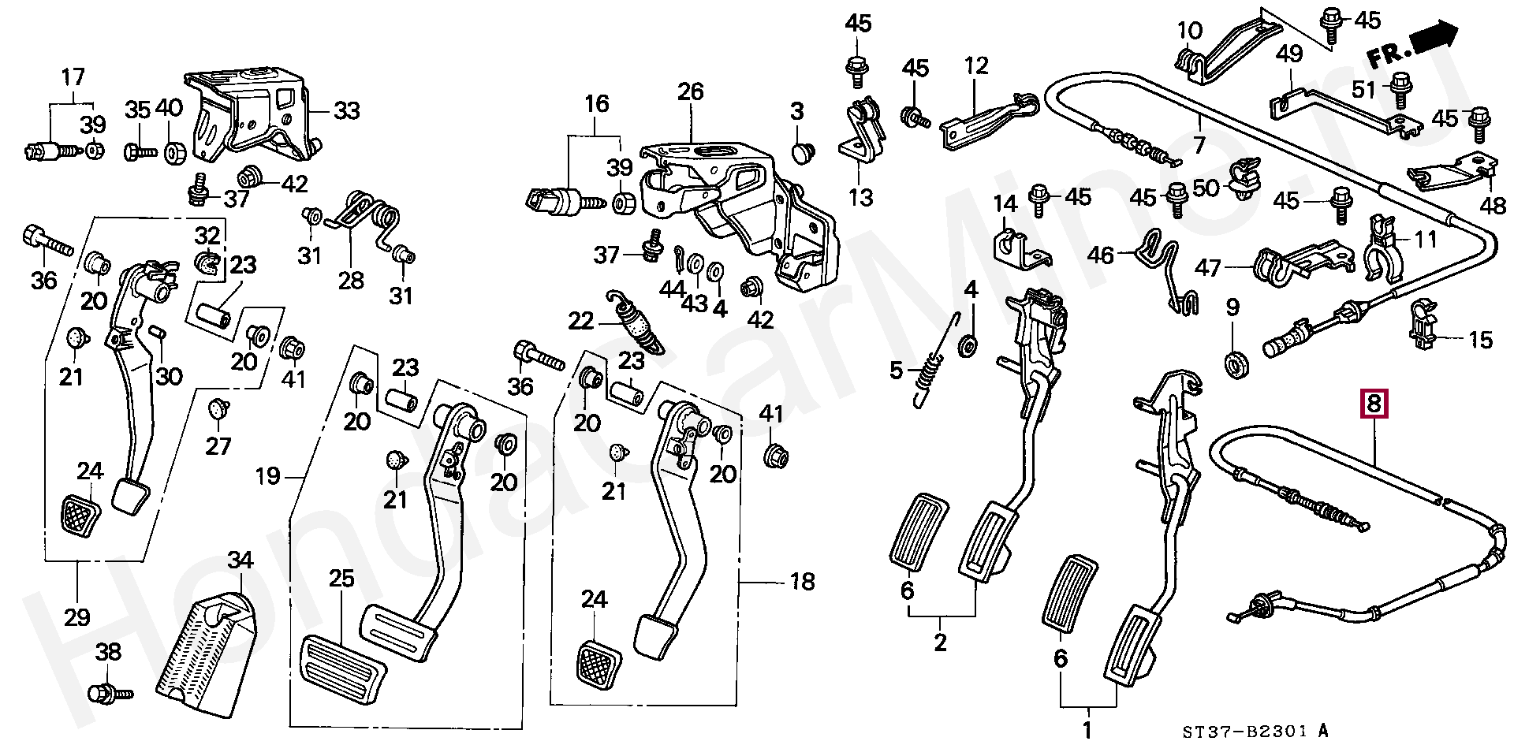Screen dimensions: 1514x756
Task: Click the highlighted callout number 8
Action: click(1374, 404)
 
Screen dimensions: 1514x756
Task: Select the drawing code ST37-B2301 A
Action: click(1255, 732)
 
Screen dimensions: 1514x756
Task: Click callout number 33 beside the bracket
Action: click(347, 111)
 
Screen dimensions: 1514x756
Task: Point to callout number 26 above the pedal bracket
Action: click(691, 91)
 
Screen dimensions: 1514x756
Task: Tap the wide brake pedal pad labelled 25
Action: click(343, 668)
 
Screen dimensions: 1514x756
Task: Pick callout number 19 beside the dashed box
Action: click(268, 476)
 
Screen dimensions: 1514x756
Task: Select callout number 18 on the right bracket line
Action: click(802, 582)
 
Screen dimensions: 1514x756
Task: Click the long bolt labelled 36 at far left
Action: click(47, 240)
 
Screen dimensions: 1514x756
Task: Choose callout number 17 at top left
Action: click(73, 77)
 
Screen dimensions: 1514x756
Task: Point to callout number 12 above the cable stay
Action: click(976, 65)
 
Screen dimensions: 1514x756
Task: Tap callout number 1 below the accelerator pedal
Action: click(1087, 730)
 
